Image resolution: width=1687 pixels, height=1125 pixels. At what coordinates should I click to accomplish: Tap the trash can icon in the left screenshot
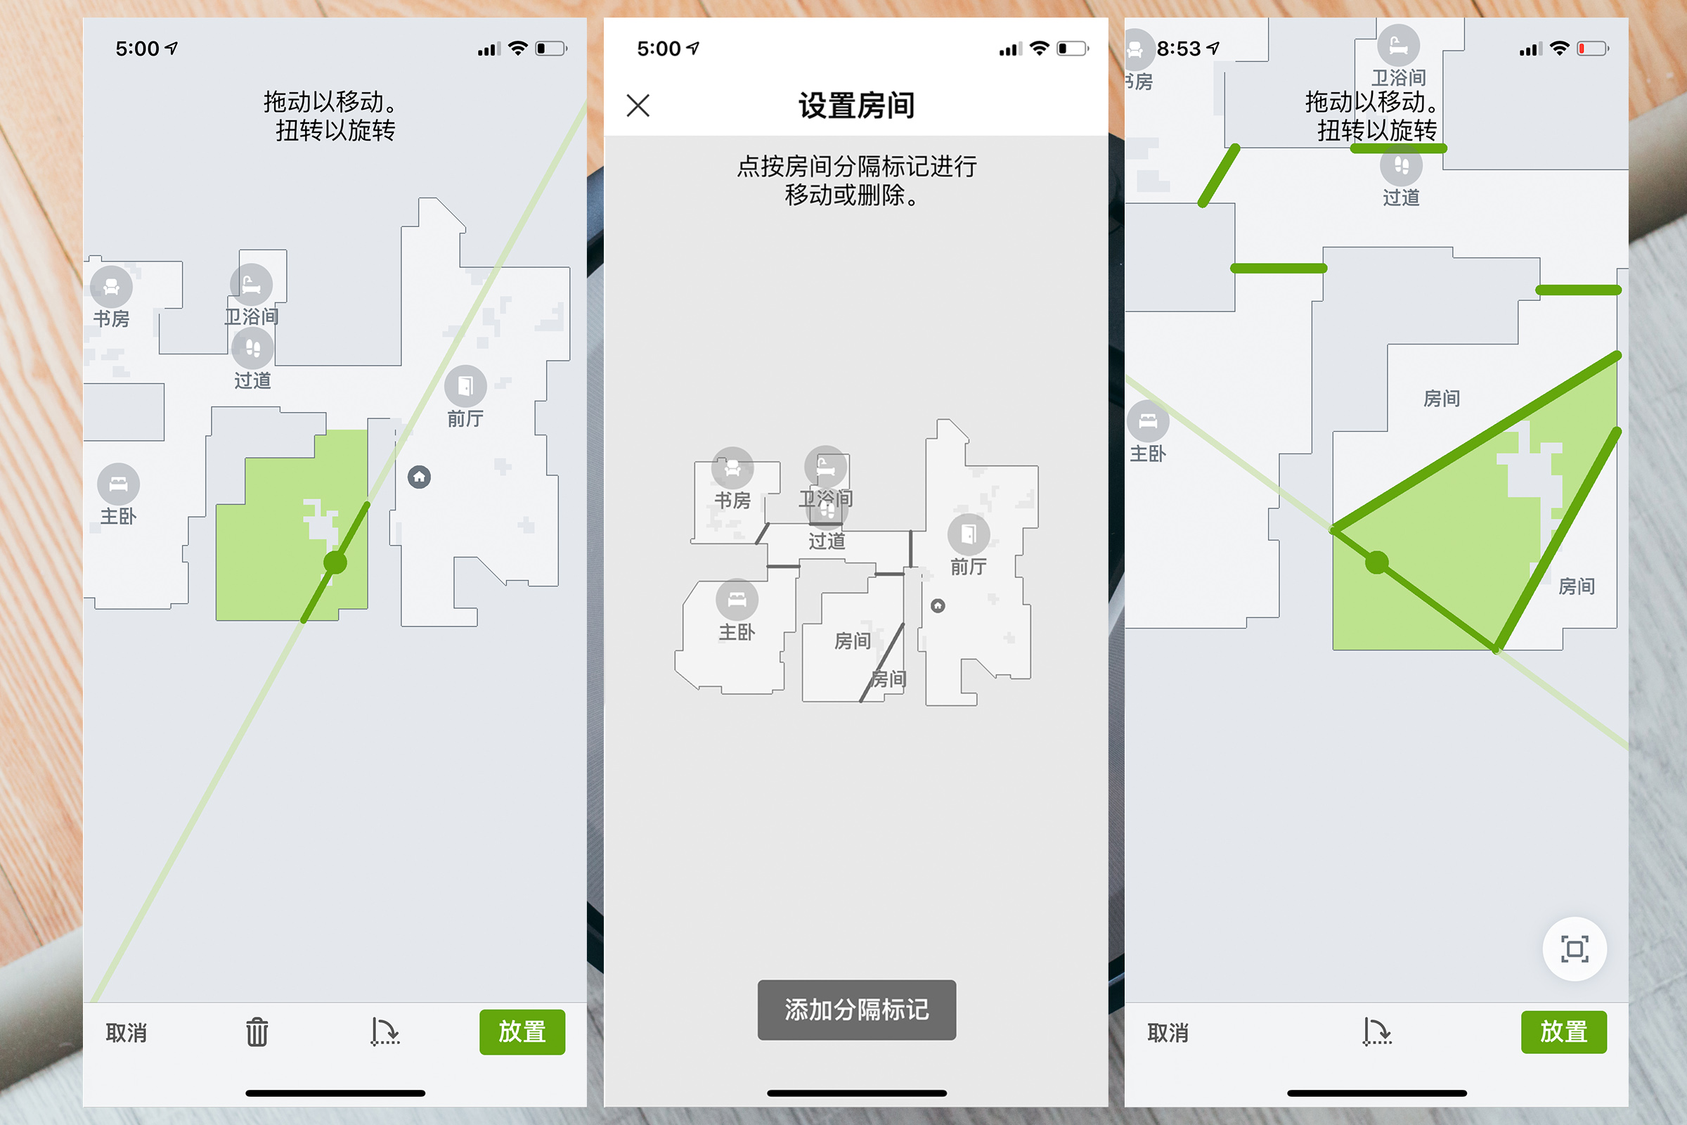[x=257, y=1032]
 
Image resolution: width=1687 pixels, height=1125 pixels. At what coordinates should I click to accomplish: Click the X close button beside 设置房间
[x=638, y=105]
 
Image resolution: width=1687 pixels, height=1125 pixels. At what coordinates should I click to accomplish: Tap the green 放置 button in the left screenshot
[x=522, y=1031]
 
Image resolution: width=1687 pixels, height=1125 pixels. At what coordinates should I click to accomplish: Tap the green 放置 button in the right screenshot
[x=1563, y=1031]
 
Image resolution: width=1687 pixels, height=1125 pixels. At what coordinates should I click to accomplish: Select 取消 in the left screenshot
[x=127, y=1032]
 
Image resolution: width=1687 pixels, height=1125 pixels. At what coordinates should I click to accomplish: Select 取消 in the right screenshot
[x=1168, y=1032]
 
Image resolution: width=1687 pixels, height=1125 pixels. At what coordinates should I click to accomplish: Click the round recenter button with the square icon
[x=1575, y=949]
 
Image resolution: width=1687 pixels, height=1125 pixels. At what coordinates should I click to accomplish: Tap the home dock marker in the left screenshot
[x=420, y=477]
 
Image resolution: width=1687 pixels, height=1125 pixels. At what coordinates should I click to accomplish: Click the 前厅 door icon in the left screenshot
[x=465, y=386]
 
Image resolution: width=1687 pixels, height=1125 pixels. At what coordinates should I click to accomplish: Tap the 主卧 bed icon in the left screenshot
[x=118, y=484]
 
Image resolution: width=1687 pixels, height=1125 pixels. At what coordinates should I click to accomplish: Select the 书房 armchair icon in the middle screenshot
[x=732, y=468]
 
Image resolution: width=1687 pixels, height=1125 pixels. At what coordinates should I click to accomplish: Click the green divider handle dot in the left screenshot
[x=335, y=562]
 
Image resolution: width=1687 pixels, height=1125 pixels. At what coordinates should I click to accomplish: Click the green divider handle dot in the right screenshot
[x=1376, y=562]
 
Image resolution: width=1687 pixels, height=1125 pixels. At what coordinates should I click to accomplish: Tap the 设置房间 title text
[x=856, y=106]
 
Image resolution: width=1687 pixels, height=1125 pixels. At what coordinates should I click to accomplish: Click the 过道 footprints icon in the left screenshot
[x=252, y=349]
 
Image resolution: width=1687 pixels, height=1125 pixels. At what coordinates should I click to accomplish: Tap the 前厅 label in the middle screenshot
[x=969, y=567]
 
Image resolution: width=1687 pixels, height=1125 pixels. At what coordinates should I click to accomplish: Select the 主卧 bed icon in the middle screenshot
[x=737, y=599]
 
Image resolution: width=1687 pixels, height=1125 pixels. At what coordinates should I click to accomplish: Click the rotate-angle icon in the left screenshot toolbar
[x=385, y=1031]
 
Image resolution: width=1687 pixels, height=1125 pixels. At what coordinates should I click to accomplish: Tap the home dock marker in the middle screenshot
[x=938, y=606]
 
